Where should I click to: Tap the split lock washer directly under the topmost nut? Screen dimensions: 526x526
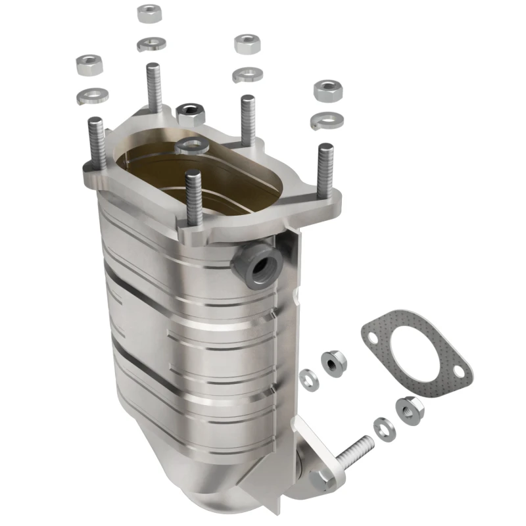tap(151, 44)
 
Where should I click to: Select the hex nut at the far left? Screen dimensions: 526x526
tap(89, 64)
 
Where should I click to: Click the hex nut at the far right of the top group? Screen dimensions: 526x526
tap(326, 91)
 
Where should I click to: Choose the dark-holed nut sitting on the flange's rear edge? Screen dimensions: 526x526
tap(191, 114)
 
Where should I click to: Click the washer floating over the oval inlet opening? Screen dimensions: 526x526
tap(192, 145)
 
